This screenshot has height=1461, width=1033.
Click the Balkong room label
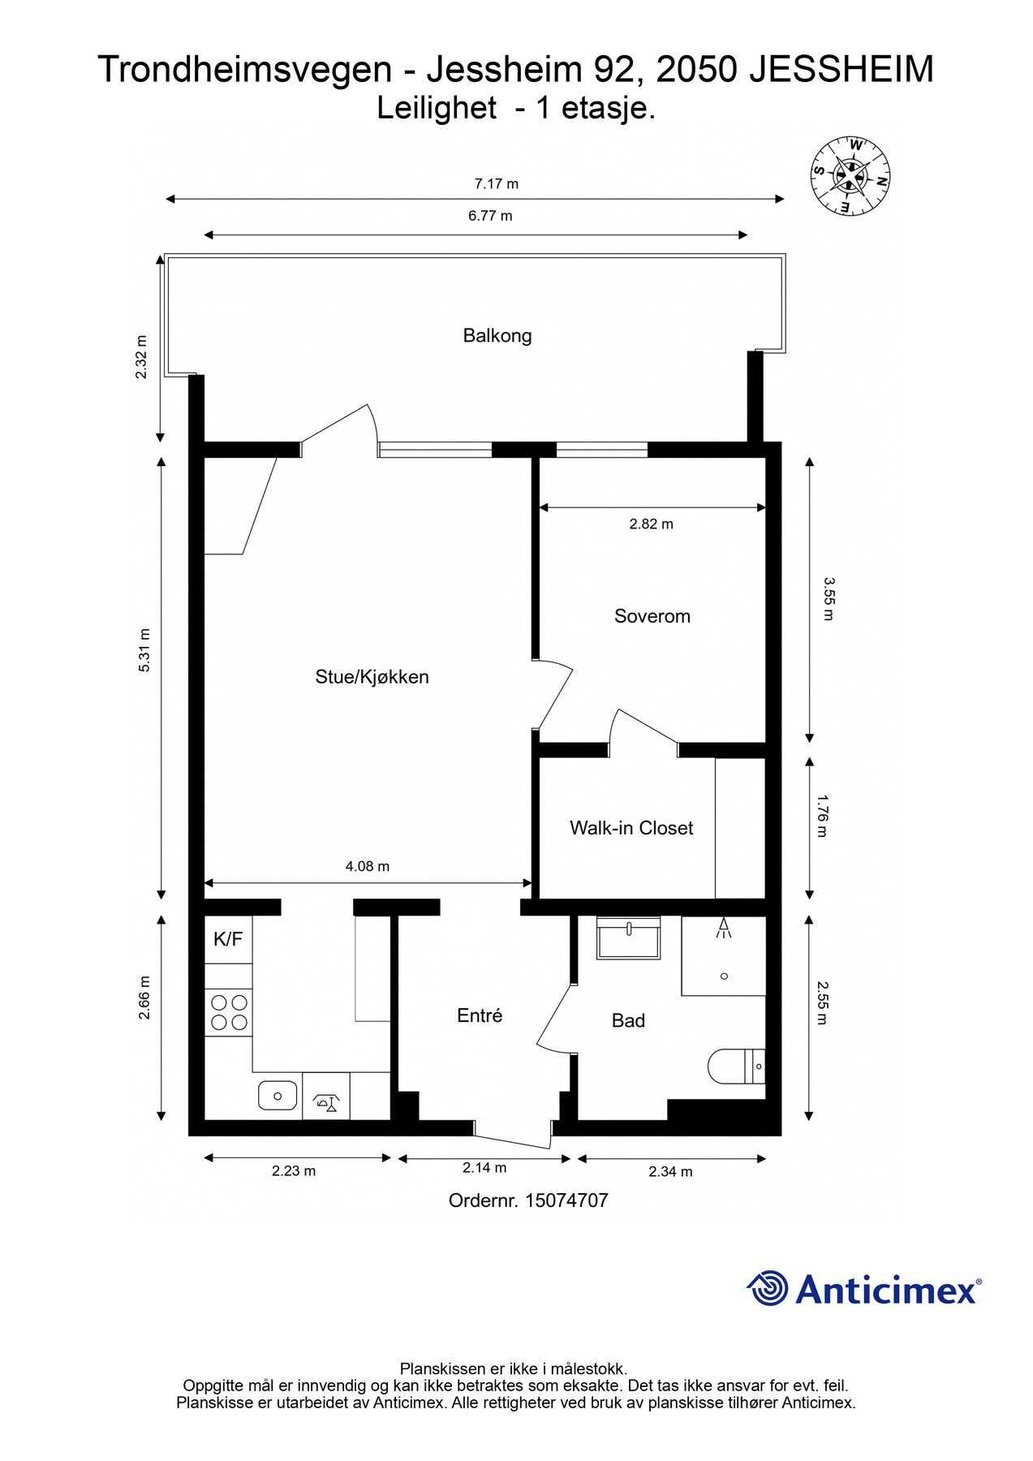[497, 335]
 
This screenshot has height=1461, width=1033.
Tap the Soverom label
[652, 616]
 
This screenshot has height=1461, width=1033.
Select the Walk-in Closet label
[631, 828]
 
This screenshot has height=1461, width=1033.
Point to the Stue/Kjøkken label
[372, 677]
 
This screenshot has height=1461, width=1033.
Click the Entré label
[480, 1015]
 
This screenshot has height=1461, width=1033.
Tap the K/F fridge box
[228, 940]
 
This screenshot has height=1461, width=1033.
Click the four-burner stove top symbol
[229, 1012]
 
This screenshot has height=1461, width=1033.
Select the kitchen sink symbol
[277, 1096]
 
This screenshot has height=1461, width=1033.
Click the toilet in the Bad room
[737, 1067]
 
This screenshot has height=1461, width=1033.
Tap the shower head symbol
[723, 929]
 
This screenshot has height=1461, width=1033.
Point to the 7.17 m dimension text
[496, 183]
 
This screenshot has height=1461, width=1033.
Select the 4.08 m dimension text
[367, 866]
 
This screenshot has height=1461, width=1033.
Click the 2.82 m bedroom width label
[651, 524]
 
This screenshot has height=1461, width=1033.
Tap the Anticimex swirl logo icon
[768, 1288]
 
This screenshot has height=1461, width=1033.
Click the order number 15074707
[566, 1200]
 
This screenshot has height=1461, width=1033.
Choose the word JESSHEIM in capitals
[841, 70]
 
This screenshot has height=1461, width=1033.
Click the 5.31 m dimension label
[144, 650]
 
